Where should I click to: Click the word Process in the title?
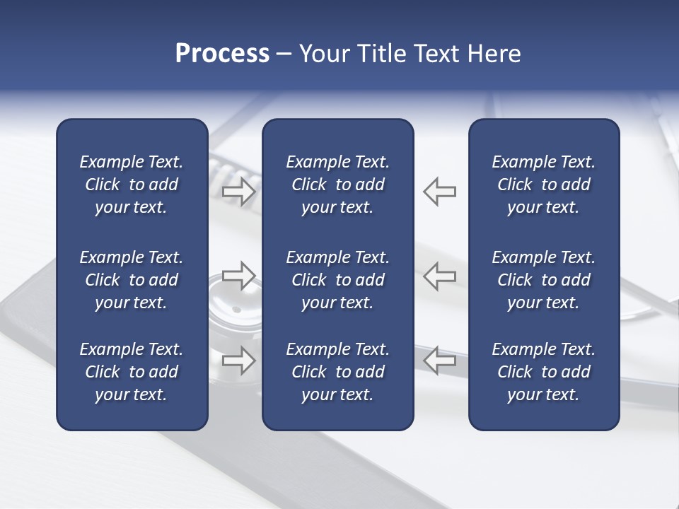tap(222, 54)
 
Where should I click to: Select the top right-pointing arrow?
tap(238, 192)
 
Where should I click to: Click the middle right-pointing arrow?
tap(238, 276)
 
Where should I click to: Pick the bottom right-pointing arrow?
tap(238, 360)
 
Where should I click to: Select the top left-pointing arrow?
tap(440, 192)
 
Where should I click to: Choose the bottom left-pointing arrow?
tap(440, 360)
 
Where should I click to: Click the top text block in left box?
tap(132, 185)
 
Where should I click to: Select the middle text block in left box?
tap(132, 280)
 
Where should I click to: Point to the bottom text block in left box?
tap(132, 372)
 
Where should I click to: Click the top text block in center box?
tap(337, 185)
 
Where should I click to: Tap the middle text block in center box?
tap(337, 280)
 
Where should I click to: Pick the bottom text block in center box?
tap(337, 372)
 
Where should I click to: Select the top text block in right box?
tap(543, 185)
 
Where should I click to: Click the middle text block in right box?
tap(543, 280)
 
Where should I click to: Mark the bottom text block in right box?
tap(543, 372)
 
